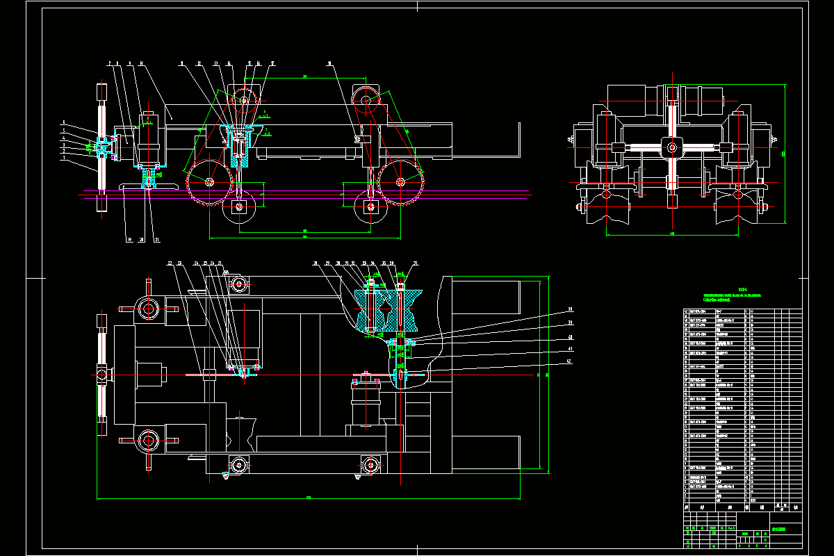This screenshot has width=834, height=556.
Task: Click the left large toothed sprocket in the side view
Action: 209,182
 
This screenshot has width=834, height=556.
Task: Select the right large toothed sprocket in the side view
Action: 400,182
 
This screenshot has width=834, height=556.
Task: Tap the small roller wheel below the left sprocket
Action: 239,207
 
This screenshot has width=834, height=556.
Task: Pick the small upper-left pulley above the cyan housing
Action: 244,102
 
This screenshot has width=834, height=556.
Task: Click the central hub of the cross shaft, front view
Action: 671,146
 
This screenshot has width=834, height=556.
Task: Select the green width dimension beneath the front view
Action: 672,234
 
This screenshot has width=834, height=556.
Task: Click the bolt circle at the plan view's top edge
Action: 239,284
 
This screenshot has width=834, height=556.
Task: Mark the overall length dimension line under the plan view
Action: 309,498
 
